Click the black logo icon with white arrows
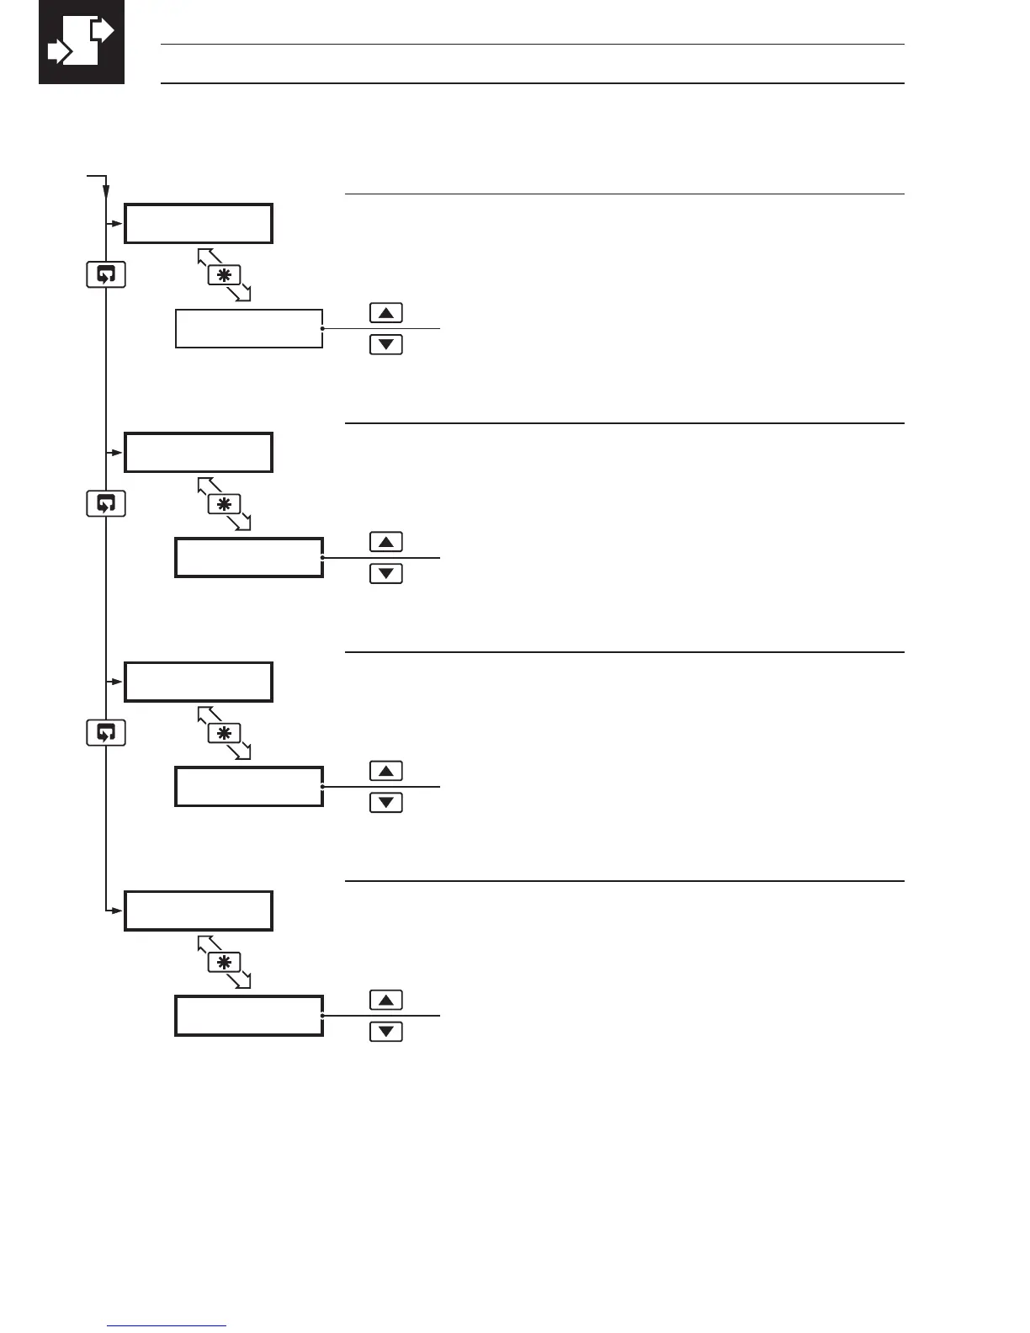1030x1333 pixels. tap(82, 42)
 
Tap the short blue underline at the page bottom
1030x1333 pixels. tap(167, 1326)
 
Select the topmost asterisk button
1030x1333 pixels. tap(225, 275)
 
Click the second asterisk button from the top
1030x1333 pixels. tap(225, 504)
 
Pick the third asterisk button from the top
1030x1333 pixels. tap(225, 733)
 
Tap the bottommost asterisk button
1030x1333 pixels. tap(225, 962)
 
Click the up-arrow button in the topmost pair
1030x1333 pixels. tap(386, 313)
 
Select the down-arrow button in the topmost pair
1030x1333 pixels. tap(386, 344)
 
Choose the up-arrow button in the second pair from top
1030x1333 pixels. tap(386, 542)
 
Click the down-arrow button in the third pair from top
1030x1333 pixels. tap(386, 802)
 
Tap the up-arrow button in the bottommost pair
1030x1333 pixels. tap(386, 1000)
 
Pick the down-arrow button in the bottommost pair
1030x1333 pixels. tap(386, 1031)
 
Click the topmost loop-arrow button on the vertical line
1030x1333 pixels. tap(106, 274)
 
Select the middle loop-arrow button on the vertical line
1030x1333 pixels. tap(106, 503)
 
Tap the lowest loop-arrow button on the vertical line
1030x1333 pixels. tap(106, 732)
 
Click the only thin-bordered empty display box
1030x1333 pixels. tap(249, 328)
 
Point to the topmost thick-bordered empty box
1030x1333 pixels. tap(199, 223)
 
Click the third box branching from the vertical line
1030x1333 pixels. tap(199, 682)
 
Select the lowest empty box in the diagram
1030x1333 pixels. tap(249, 1016)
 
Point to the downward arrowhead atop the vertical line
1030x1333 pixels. tap(106, 193)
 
